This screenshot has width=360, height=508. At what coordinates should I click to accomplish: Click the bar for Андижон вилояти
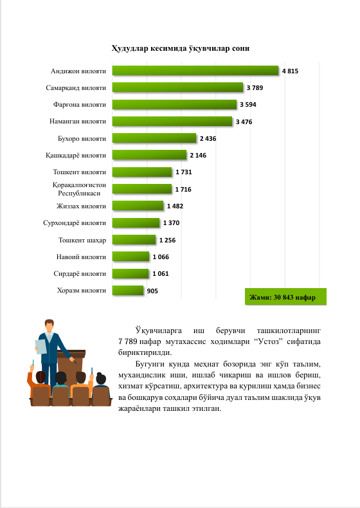point(195,71)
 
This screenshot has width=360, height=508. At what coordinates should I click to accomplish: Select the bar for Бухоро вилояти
point(154,138)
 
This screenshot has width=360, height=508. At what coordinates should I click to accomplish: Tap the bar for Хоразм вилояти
point(128,290)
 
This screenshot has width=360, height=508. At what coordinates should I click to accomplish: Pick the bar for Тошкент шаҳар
point(134,240)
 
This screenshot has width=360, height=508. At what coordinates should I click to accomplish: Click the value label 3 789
point(255,88)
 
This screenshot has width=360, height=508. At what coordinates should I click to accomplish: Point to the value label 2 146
point(198,156)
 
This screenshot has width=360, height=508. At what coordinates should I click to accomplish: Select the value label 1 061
point(161,274)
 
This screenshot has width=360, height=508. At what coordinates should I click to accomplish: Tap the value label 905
point(152,291)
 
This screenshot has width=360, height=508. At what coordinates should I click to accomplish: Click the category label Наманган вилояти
point(78,121)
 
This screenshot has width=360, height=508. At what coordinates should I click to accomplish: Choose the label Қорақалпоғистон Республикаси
point(79,189)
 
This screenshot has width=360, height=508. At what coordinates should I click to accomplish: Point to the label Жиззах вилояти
point(82,206)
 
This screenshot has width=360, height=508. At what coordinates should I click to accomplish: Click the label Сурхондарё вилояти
point(75,223)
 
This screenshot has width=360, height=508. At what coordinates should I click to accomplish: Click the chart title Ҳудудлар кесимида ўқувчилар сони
point(181,48)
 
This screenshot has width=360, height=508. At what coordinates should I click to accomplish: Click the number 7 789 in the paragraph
point(128,341)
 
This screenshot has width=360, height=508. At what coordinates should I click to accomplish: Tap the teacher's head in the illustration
point(50,325)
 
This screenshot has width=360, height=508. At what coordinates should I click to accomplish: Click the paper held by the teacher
point(41,347)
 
